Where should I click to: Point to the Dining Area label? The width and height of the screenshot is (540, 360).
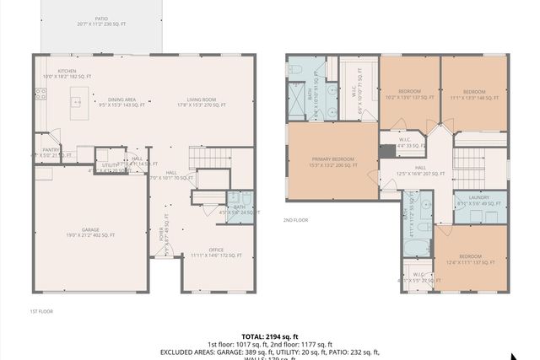click(121, 102)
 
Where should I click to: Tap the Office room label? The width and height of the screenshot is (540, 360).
click(216, 251)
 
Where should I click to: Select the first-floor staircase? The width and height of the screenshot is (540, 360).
click(209, 159)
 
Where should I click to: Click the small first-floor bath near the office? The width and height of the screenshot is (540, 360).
click(239, 207)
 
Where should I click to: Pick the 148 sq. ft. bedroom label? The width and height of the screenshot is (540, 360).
click(473, 94)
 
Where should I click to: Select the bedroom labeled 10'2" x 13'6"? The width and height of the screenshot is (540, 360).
click(409, 94)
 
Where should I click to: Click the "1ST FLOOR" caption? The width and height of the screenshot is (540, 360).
click(41, 311)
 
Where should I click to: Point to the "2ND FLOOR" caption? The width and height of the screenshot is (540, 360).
click(296, 220)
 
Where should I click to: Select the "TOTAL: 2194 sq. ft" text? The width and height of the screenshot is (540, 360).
click(269, 336)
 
